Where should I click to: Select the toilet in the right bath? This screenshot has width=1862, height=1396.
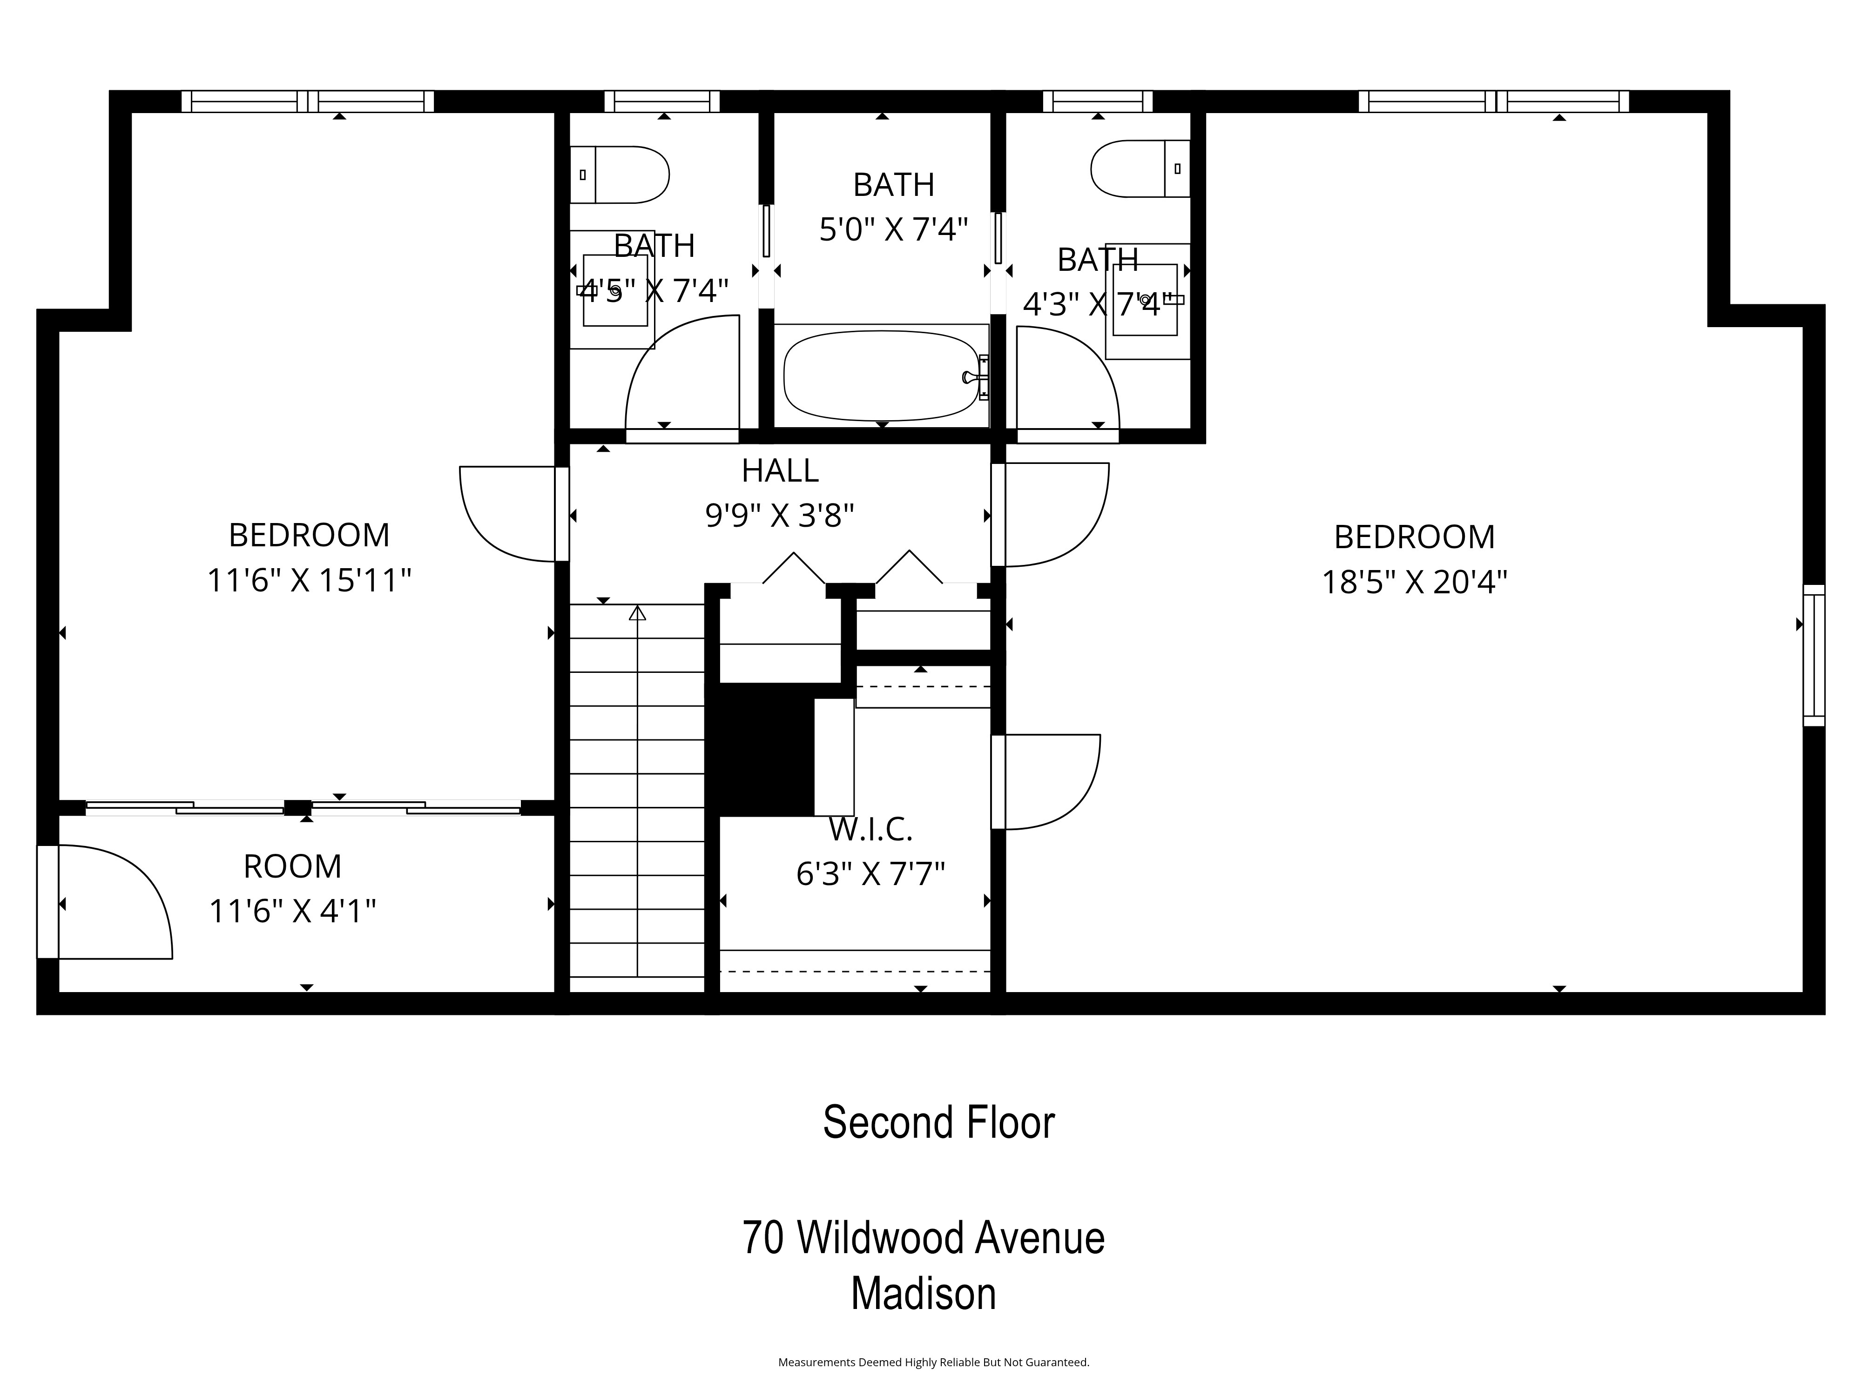click(x=1138, y=168)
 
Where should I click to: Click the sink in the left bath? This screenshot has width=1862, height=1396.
click(x=615, y=290)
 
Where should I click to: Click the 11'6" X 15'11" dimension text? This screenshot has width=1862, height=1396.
click(x=309, y=581)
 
